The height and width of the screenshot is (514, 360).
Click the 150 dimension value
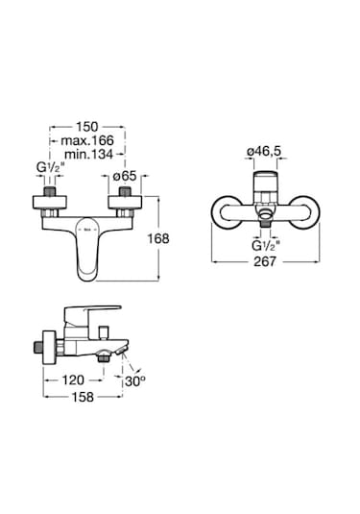click(x=87, y=127)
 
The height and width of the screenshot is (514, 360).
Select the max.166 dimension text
click(x=87, y=140)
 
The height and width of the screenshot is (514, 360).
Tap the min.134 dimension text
click(x=88, y=154)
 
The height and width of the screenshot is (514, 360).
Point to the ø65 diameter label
click(x=125, y=177)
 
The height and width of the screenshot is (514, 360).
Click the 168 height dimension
click(x=158, y=238)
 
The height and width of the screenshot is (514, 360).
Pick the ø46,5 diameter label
click(x=264, y=151)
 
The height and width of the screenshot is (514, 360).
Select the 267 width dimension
click(x=265, y=261)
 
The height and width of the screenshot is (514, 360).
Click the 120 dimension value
click(x=73, y=380)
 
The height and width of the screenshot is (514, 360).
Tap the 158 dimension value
click(x=83, y=397)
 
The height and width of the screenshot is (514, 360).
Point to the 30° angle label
click(x=135, y=381)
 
